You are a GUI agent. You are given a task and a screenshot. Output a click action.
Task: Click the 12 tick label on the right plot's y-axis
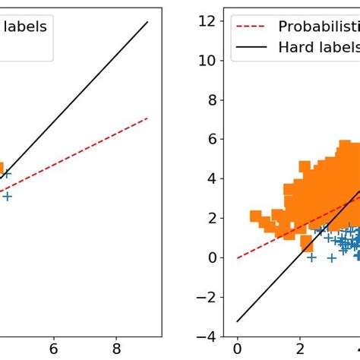point(207,21)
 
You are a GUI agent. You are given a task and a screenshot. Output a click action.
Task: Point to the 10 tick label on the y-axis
point(207,61)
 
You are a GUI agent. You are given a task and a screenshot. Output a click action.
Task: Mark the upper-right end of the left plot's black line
point(147,22)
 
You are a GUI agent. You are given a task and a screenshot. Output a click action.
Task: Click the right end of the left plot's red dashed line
point(147,118)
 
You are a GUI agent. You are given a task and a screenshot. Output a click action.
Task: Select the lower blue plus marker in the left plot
point(7,196)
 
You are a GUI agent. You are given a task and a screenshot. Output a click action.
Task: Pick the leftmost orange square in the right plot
point(256,216)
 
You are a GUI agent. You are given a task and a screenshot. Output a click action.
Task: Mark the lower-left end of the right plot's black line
point(237,321)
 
